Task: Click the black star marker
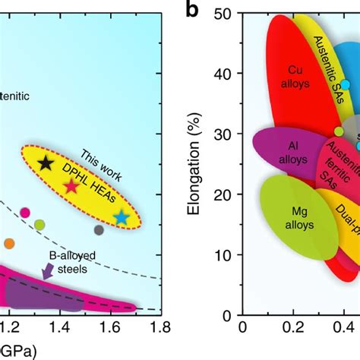tap(46, 162)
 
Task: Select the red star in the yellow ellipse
tap(71, 185)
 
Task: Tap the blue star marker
tap(122, 218)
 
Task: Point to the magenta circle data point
tap(25, 212)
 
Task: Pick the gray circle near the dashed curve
tap(99, 229)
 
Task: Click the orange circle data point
tap(9, 244)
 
